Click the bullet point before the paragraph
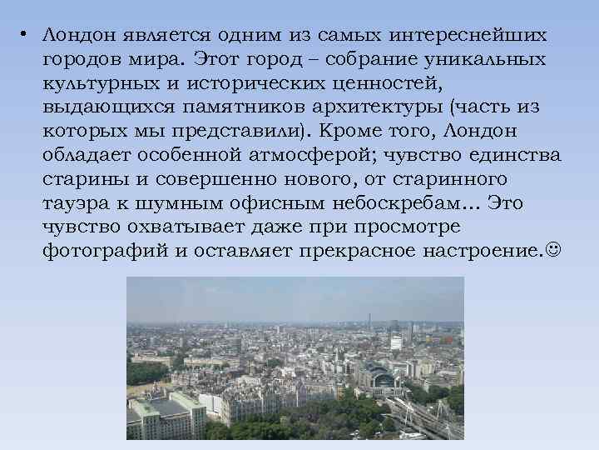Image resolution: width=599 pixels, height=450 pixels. [x=27, y=36]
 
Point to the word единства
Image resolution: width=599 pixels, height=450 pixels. [x=517, y=156]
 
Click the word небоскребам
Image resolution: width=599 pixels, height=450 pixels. [x=399, y=204]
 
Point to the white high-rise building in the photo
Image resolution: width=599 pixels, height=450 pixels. [x=397, y=339]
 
